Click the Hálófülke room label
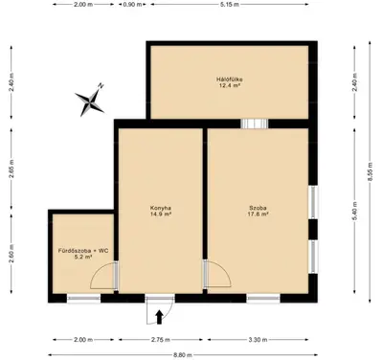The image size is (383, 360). (228, 79)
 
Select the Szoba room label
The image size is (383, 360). (258, 208)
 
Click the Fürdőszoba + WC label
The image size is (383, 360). (83, 251)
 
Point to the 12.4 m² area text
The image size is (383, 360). (228, 85)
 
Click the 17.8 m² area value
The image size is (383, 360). (258, 214)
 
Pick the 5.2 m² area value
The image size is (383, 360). (83, 257)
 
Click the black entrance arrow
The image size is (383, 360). (159, 317)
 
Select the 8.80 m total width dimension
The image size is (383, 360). (183, 355)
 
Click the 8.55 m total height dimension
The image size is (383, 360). (370, 172)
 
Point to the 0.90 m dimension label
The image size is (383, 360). (132, 5)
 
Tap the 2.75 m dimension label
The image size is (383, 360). (161, 340)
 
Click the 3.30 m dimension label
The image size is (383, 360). (258, 340)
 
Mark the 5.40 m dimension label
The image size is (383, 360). (354, 213)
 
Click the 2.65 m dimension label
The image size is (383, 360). (11, 169)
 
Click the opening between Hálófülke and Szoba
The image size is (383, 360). (255, 124)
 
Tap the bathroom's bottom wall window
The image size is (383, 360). (83, 299)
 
